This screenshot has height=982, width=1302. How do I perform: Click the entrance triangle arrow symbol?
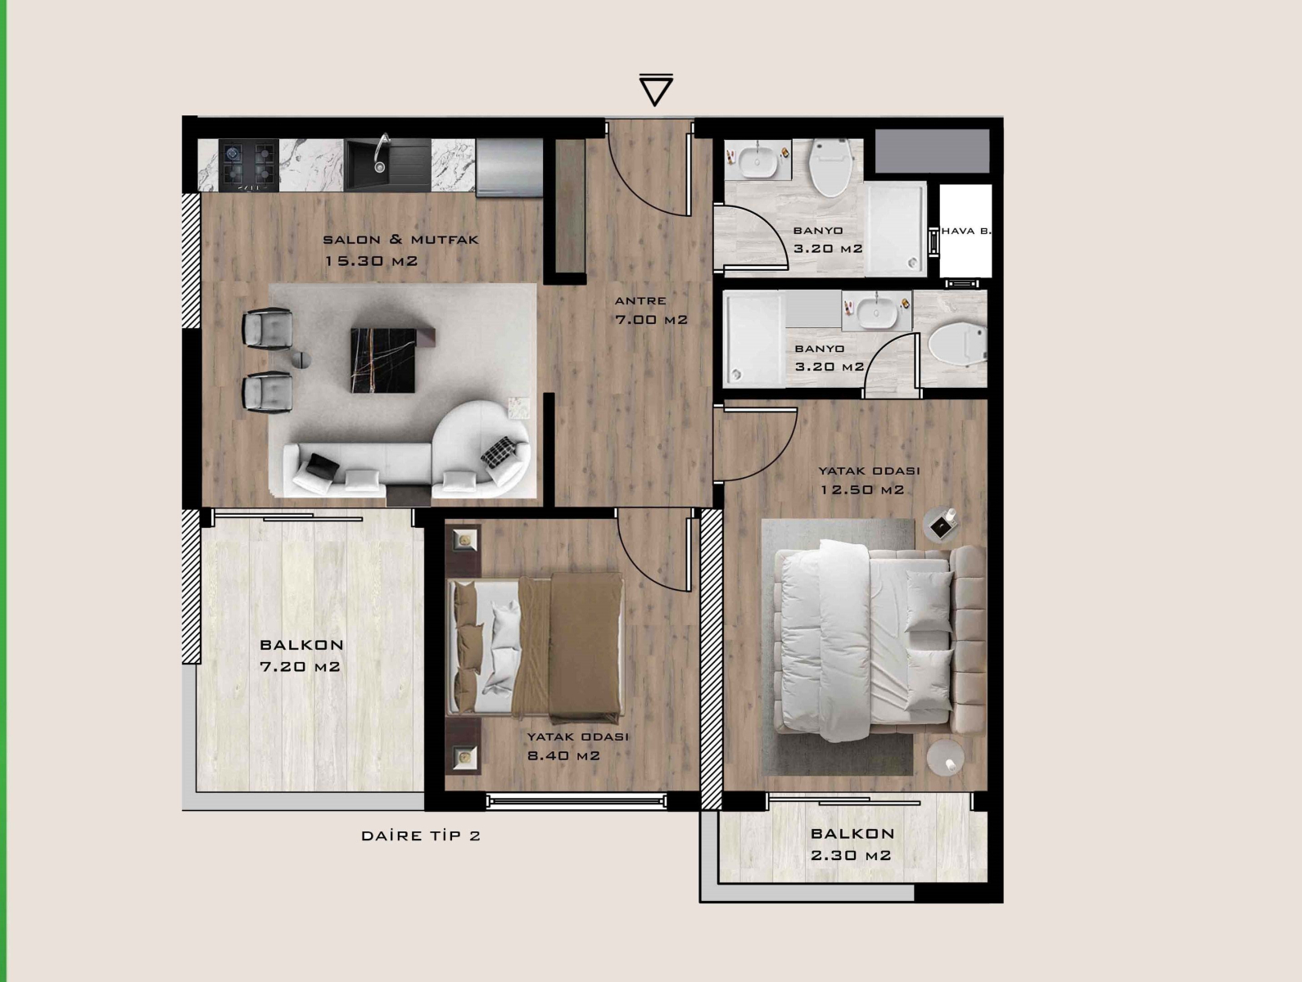tap(655, 90)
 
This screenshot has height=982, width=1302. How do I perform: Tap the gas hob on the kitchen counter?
tap(249, 165)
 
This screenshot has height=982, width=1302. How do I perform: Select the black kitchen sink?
tap(387, 164)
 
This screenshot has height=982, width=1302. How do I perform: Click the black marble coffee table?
tap(383, 360)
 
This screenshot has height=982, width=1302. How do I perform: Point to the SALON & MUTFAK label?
tap(400, 240)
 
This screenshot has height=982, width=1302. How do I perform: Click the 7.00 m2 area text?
tap(651, 320)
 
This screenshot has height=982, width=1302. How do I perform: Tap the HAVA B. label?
tap(966, 231)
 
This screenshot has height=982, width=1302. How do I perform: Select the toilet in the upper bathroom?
tap(832, 166)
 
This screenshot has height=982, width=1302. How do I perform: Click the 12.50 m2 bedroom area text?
tap(862, 490)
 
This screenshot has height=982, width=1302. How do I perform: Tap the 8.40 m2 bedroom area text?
tap(563, 755)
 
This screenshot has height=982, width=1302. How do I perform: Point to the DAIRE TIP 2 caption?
tap(421, 836)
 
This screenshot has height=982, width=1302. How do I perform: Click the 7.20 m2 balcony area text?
tap(301, 667)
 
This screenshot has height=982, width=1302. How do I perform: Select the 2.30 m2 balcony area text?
tap(851, 856)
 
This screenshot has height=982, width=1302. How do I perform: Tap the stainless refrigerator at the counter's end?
tap(509, 167)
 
